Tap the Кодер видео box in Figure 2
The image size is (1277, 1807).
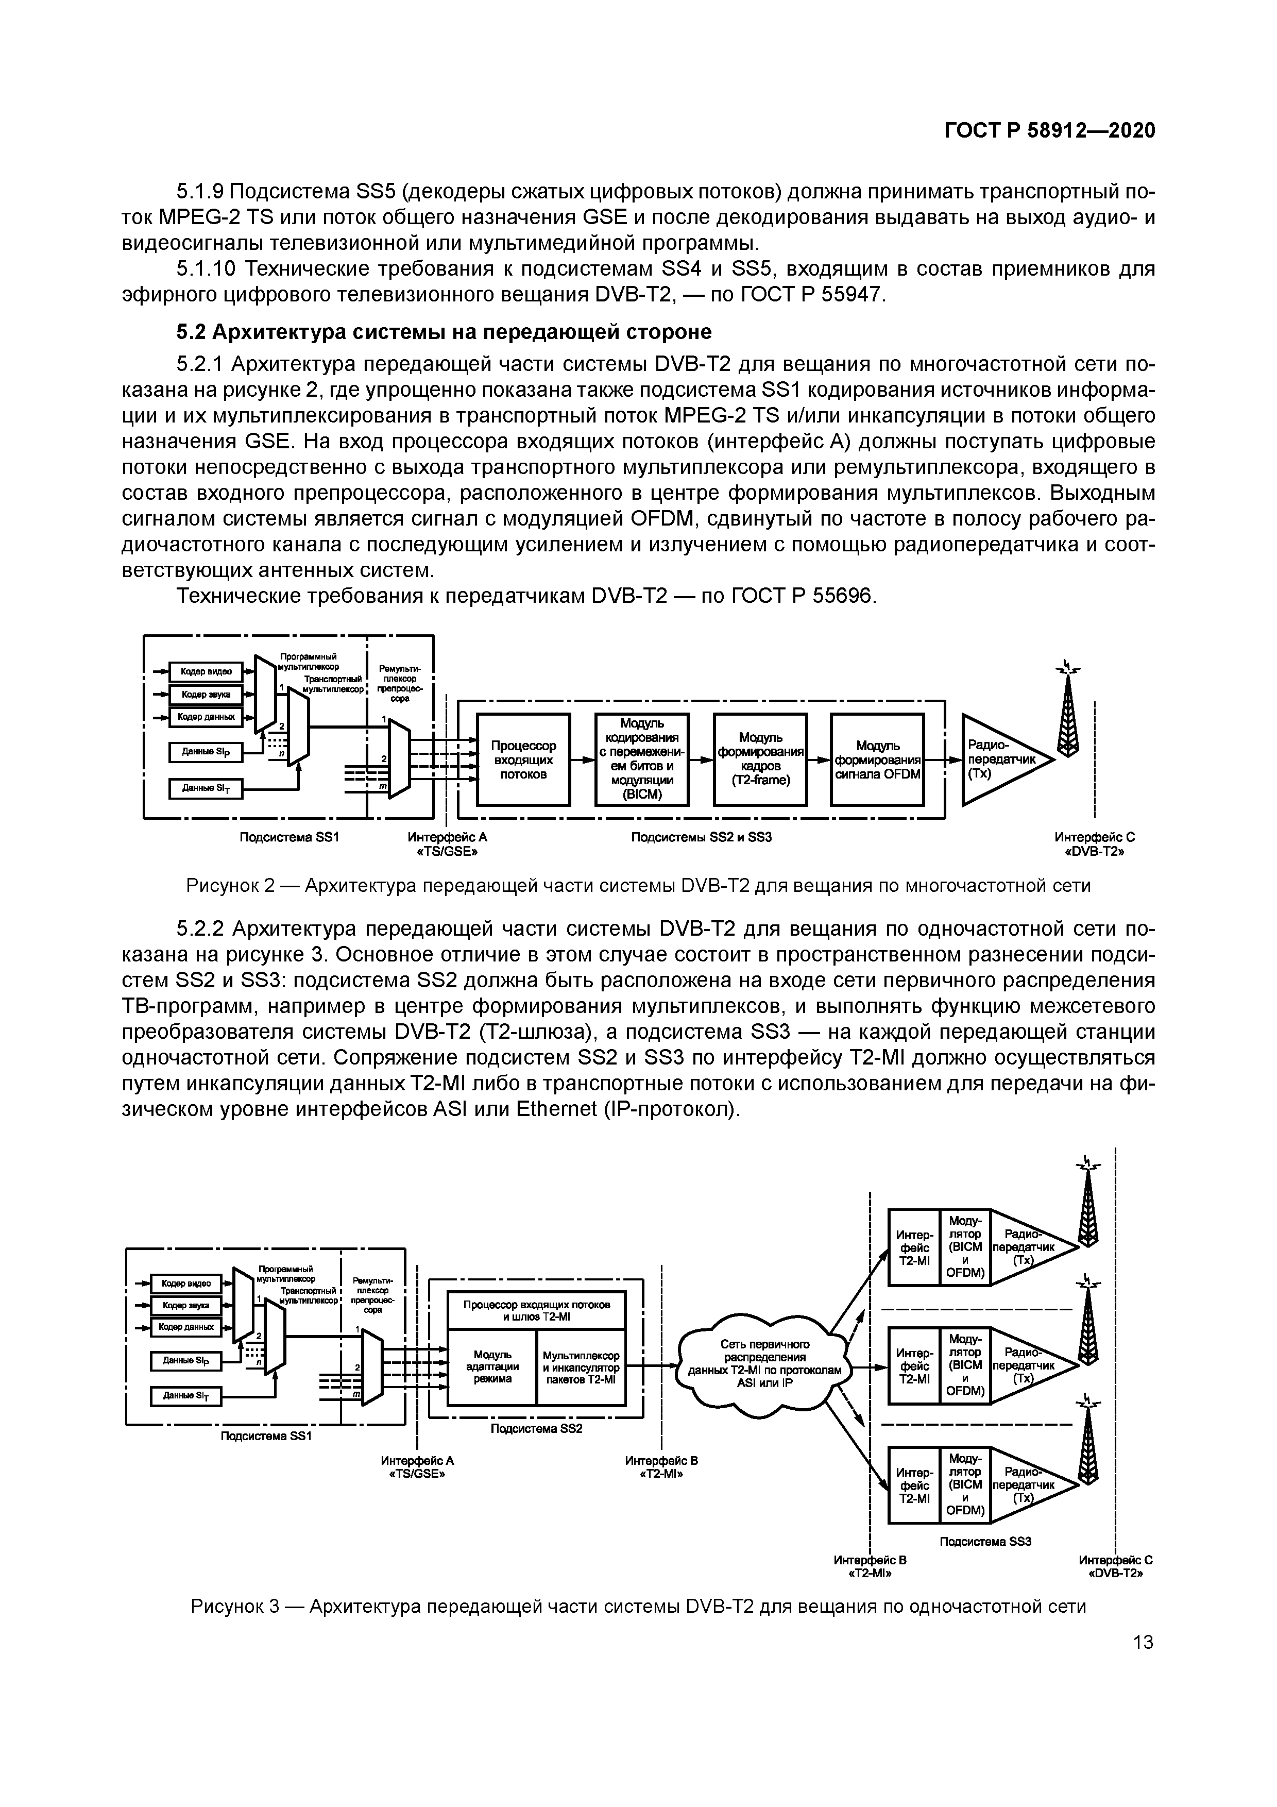[206, 671]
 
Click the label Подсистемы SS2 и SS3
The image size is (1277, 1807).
[701, 837]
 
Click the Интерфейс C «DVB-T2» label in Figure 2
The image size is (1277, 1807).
[1095, 845]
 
